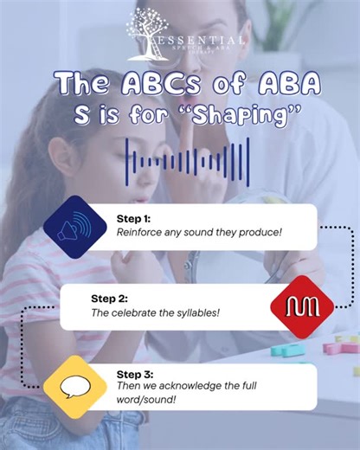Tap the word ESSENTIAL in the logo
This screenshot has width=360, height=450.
[x=199, y=41]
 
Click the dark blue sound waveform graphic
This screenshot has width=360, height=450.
[x=181, y=162]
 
